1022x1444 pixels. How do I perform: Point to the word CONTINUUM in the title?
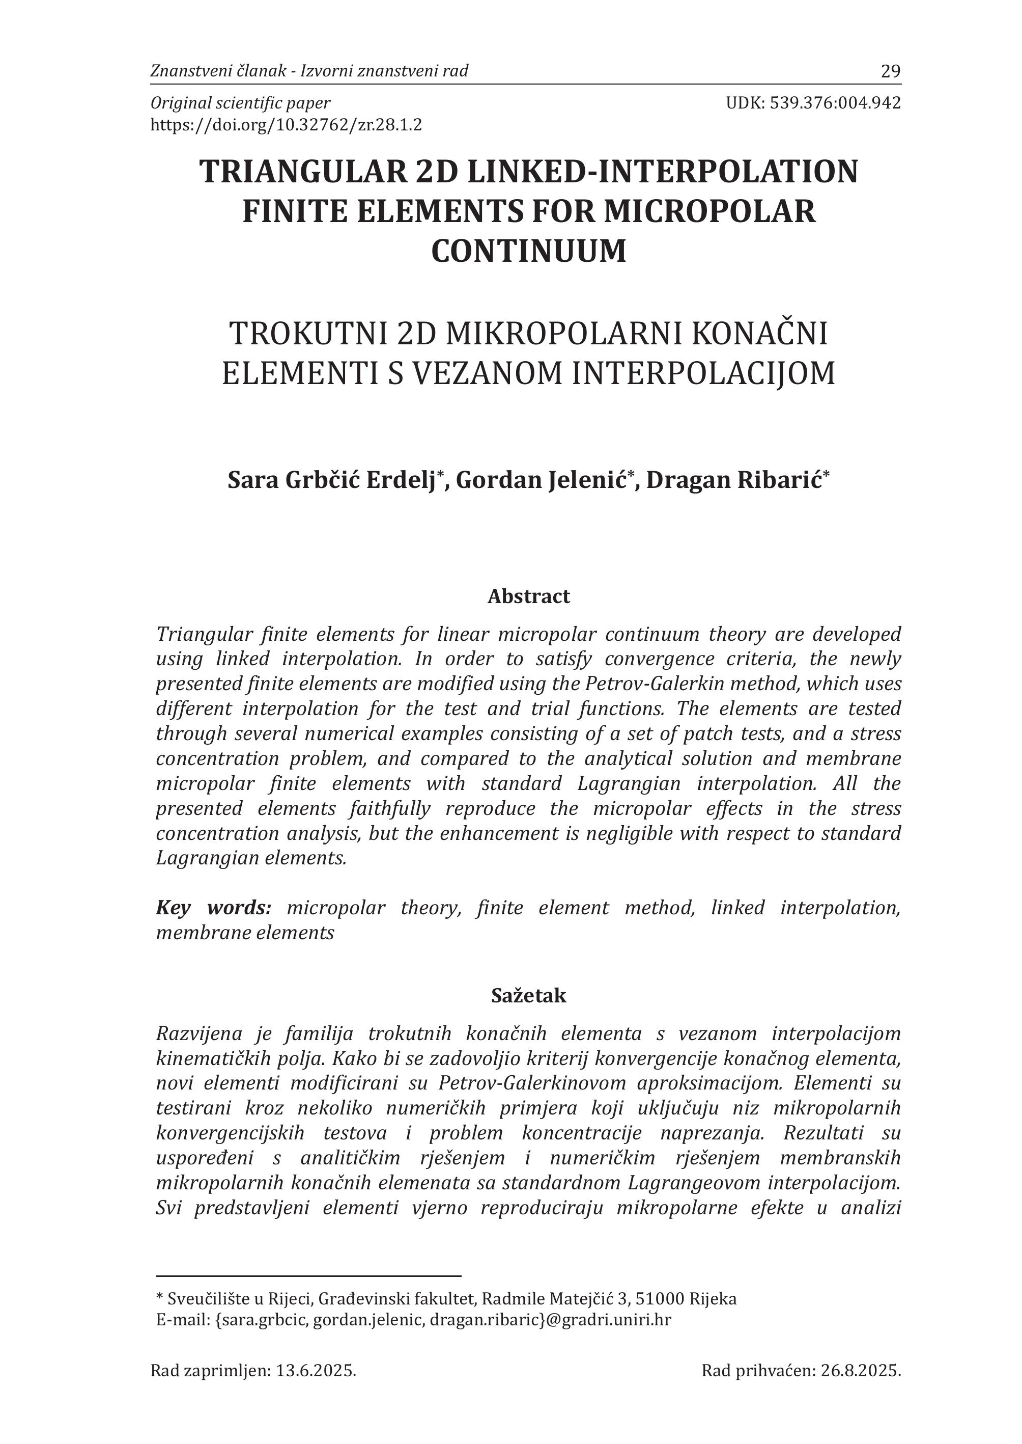(x=529, y=250)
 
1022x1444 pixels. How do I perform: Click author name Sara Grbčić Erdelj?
(x=332, y=480)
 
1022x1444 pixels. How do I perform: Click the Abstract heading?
(x=529, y=596)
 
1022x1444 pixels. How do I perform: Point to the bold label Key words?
(x=213, y=908)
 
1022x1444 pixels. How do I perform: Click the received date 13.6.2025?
(x=316, y=1370)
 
